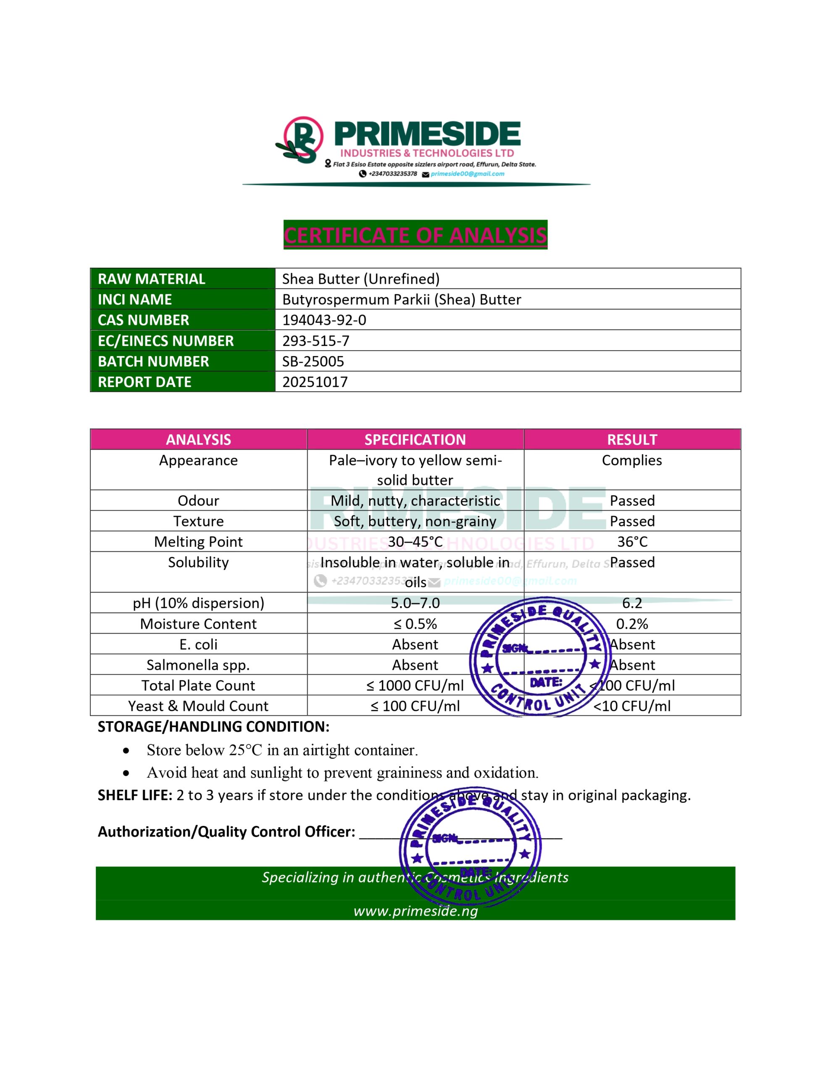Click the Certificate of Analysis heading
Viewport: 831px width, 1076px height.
pyautogui.click(x=415, y=235)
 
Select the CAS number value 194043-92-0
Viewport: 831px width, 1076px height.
pyautogui.click(x=324, y=320)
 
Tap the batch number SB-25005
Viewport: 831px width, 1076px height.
pyautogui.click(x=313, y=361)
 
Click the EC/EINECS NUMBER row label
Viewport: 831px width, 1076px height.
pyautogui.click(x=166, y=340)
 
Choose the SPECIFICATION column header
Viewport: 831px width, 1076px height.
pyautogui.click(x=415, y=440)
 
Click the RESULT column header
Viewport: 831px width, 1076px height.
pyautogui.click(x=631, y=440)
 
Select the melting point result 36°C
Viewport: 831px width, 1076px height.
pyautogui.click(x=632, y=541)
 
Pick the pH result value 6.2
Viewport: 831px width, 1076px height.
pyautogui.click(x=632, y=603)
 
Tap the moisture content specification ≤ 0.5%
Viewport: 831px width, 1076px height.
pyautogui.click(x=415, y=624)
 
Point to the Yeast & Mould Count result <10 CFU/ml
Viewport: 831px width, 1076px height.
pyautogui.click(x=632, y=706)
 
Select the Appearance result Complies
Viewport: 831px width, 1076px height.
pyautogui.click(x=631, y=460)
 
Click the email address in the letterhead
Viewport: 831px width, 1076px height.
pyautogui.click(x=467, y=174)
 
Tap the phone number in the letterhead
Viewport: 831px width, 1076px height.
pyautogui.click(x=392, y=174)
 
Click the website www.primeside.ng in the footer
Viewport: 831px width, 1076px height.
pyautogui.click(x=415, y=911)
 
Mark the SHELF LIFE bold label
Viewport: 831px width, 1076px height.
pyautogui.click(x=134, y=795)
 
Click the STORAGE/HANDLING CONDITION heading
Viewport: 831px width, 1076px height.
pyautogui.click(x=213, y=727)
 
